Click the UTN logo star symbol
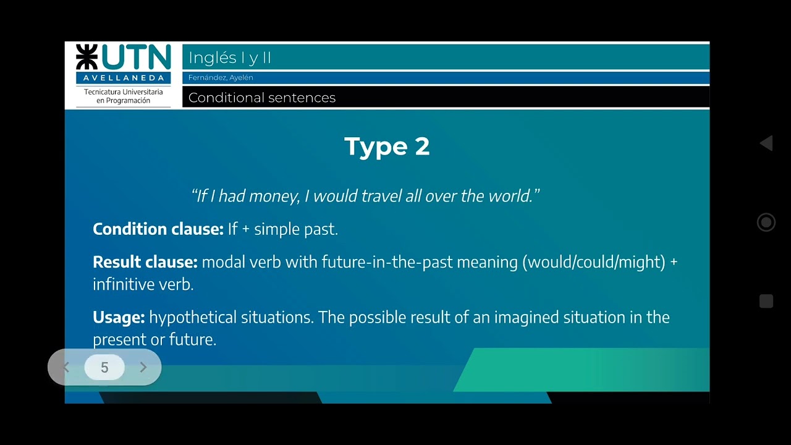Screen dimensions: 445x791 [x=87, y=57]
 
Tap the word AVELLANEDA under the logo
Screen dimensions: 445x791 [x=124, y=78]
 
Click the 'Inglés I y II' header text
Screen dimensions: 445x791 [x=229, y=58]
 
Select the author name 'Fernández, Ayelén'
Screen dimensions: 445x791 [x=221, y=78]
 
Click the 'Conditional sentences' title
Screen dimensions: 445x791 [x=261, y=98]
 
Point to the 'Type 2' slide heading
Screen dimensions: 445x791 [x=387, y=146]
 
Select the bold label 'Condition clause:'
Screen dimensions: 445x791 [x=158, y=229]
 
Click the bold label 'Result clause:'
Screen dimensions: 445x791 [x=145, y=262]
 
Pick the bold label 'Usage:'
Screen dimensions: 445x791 [x=118, y=318]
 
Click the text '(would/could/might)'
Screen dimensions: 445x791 [x=594, y=262]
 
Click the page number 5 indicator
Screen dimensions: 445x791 [x=104, y=368]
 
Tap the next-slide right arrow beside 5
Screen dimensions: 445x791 [x=143, y=368]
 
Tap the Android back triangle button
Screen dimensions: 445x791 [x=766, y=143]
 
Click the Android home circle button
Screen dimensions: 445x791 [x=766, y=222]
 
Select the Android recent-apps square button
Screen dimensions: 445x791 [x=766, y=302]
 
